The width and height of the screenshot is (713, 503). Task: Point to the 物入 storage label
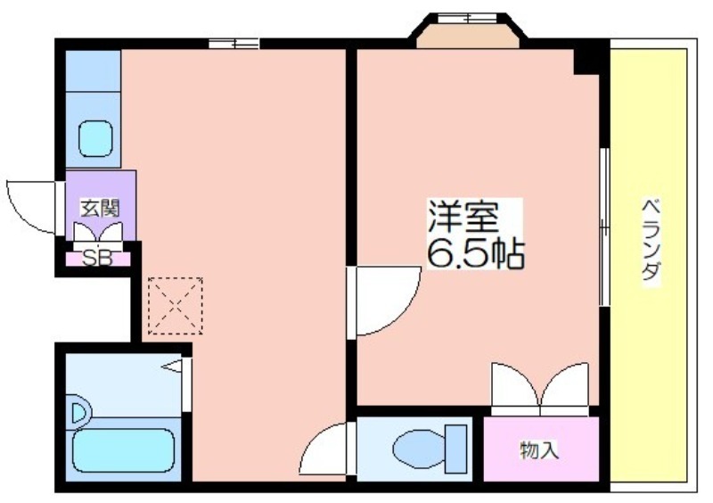539,450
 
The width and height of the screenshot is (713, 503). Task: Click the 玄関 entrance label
100,208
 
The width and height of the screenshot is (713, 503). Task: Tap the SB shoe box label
97,259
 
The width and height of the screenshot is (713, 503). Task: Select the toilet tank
456,449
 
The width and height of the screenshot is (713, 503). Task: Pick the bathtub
123,450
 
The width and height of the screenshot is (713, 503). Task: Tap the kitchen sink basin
95,138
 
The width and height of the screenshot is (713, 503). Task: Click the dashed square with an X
175,306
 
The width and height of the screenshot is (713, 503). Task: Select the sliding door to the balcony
604,227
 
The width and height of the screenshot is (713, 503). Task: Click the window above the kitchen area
234,44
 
